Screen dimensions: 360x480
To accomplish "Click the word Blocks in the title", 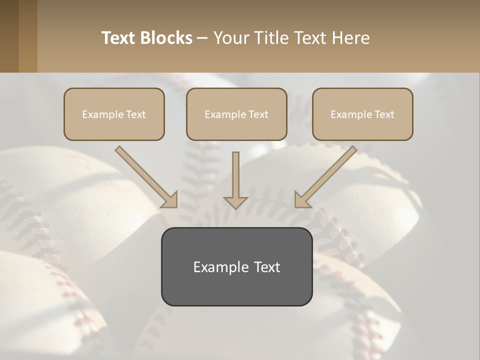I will (x=166, y=38).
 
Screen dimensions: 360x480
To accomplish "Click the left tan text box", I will (x=114, y=114).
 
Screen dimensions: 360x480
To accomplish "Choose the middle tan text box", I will (x=236, y=114).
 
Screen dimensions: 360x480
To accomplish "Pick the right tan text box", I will (x=362, y=114).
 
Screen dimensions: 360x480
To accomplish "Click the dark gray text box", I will (x=236, y=266).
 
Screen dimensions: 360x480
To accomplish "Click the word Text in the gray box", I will (x=267, y=267).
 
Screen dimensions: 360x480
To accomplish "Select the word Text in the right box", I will (x=384, y=114).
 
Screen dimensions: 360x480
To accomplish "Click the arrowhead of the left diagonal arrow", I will (x=170, y=200).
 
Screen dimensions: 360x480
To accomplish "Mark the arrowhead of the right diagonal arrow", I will (x=301, y=200).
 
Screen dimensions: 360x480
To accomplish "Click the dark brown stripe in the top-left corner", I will (x=9, y=36).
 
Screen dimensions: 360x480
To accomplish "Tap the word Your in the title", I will (x=231, y=38).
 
